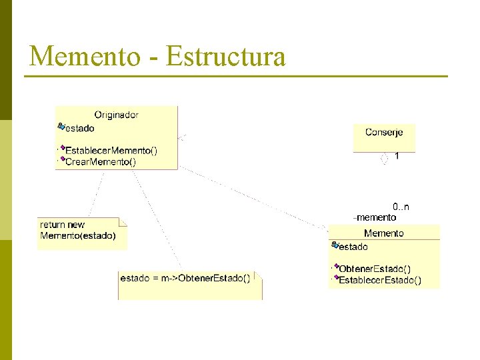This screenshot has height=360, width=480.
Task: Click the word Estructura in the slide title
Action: [x=225, y=56]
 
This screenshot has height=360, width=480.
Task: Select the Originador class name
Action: [x=116, y=115]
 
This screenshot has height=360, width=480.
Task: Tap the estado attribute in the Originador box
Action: [x=79, y=128]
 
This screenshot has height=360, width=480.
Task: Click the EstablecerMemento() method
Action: [x=111, y=151]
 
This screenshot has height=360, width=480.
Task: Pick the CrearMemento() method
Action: [x=101, y=161]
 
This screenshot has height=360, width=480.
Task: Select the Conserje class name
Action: [x=384, y=132]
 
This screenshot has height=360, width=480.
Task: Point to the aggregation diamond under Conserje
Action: [x=384, y=159]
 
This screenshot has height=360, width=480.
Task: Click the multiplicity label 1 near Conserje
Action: [x=397, y=156]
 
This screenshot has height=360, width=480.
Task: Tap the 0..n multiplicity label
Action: [x=401, y=207]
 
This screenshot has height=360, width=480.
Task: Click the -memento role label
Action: [x=375, y=217]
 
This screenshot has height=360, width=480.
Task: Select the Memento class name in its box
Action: [x=384, y=233]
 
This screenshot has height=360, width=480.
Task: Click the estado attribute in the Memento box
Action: [x=353, y=247]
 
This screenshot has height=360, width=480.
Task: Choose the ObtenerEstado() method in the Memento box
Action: [x=375, y=269]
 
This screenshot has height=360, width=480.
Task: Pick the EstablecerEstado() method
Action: [x=380, y=280]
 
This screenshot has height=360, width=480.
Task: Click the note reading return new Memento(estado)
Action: [x=78, y=230]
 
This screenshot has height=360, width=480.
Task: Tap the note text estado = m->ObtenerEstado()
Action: [x=185, y=278]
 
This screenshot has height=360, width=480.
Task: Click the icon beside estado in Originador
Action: [x=61, y=126]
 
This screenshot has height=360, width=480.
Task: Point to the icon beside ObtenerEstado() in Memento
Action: [x=335, y=267]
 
